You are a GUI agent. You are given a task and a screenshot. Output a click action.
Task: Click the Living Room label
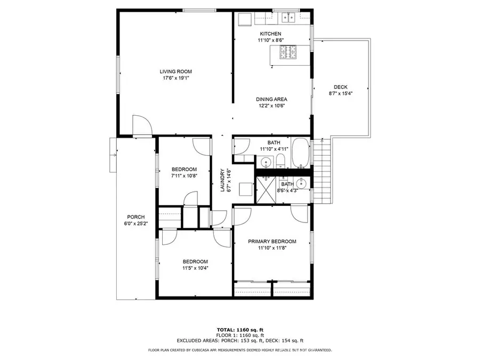[x=175, y=71]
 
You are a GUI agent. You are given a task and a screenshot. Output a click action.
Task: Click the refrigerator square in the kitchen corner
[x=244, y=19]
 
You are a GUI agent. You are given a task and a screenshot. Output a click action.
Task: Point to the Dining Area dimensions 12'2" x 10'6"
[x=271, y=106]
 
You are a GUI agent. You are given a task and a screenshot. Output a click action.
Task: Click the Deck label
[x=340, y=87]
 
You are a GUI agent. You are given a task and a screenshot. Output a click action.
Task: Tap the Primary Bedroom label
[x=271, y=241]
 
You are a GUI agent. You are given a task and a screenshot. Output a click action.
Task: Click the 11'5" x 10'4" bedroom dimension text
[x=195, y=268]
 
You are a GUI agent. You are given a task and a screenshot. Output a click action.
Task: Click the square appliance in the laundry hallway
[x=246, y=189]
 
